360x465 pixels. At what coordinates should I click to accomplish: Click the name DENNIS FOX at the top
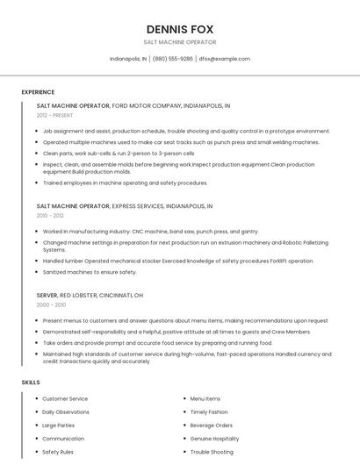pos(179,28)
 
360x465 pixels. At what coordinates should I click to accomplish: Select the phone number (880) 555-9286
pos(173,59)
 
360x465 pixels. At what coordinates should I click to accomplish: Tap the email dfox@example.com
pos(224,59)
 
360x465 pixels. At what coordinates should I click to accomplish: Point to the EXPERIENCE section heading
pos(38,92)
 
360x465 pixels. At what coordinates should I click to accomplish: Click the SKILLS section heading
pos(31,383)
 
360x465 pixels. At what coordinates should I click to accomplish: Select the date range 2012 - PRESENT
pos(54,115)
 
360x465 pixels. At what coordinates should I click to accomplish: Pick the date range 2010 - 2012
pos(50,215)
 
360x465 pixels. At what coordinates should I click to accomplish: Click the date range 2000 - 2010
pos(51,304)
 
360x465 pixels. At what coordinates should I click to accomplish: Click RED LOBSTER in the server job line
pos(79,295)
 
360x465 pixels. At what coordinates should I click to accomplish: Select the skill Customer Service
pos(65,398)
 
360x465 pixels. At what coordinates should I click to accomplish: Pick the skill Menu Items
pos(205,398)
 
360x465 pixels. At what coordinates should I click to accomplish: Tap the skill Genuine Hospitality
pos(214,438)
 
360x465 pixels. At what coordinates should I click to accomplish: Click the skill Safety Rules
pos(58,451)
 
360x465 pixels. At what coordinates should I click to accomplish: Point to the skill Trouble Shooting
pos(212,451)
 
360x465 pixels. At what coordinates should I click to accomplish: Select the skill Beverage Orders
pos(212,425)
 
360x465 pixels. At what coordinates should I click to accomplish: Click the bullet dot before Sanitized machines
pos(37,272)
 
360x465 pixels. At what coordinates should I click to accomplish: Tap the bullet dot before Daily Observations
pos(37,411)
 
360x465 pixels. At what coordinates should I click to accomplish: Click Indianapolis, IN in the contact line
pos(128,59)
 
